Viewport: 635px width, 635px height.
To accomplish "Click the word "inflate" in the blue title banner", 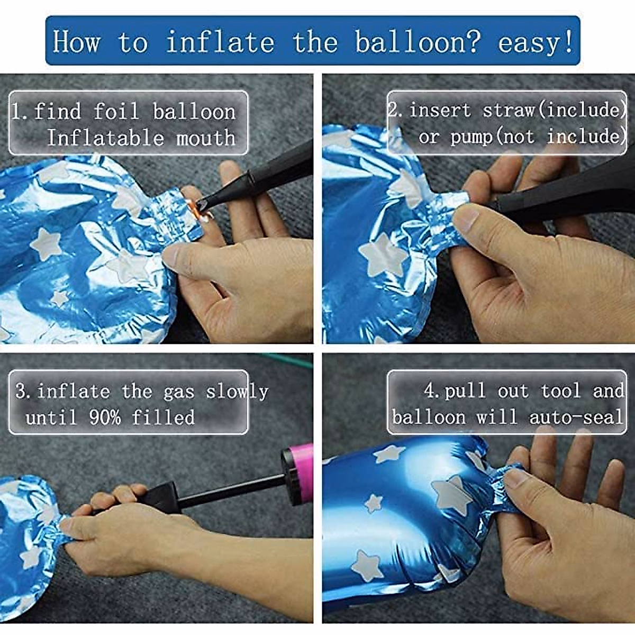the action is (220, 42).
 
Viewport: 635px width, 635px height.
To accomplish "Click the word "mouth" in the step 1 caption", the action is (206, 138).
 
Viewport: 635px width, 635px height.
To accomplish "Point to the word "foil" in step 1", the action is (116, 111).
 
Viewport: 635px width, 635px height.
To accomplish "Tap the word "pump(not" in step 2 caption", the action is (492, 137).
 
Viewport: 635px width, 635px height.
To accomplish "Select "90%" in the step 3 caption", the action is (105, 418).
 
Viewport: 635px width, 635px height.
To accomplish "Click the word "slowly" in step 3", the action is (237, 392).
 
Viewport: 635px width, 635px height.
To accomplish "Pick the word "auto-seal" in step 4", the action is (576, 417).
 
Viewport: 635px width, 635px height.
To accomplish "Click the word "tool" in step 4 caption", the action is (561, 391).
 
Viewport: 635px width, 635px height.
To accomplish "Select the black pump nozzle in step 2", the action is (566, 191).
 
